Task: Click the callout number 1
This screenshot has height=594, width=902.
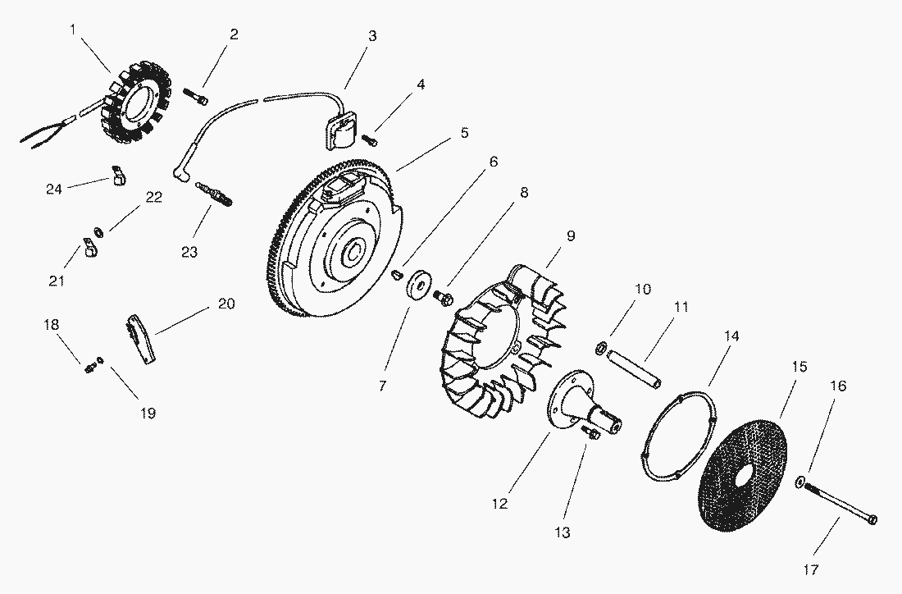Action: [x=72, y=30]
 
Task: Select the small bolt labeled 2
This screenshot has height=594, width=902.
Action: [x=196, y=96]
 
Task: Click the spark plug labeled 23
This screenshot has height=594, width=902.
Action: [x=214, y=193]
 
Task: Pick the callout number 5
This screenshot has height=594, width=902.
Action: [x=464, y=133]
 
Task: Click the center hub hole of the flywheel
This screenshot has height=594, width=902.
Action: [x=353, y=254]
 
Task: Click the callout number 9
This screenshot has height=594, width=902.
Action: [x=571, y=236]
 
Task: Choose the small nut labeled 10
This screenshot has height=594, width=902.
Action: [x=601, y=348]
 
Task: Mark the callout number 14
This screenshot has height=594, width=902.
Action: [x=731, y=336]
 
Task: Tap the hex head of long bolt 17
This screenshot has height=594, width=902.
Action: [x=872, y=520]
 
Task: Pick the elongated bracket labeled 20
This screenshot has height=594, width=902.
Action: [x=142, y=339]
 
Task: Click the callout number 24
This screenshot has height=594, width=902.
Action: [x=54, y=189]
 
